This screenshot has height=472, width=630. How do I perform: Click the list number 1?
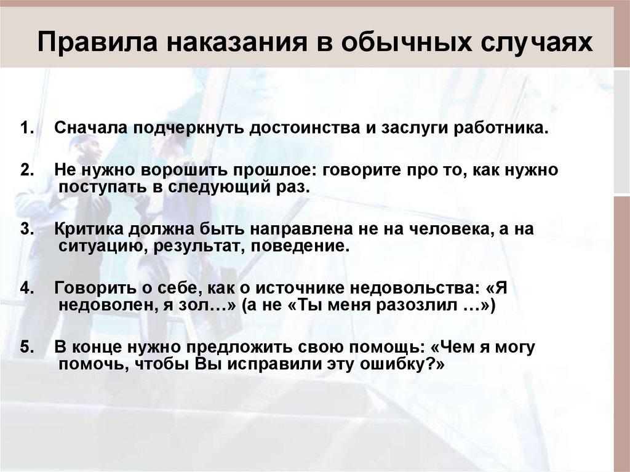(26, 130)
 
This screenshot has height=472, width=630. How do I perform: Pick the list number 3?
(26, 229)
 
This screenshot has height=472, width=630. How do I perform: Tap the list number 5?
(26, 347)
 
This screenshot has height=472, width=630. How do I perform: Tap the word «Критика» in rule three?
(89, 229)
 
